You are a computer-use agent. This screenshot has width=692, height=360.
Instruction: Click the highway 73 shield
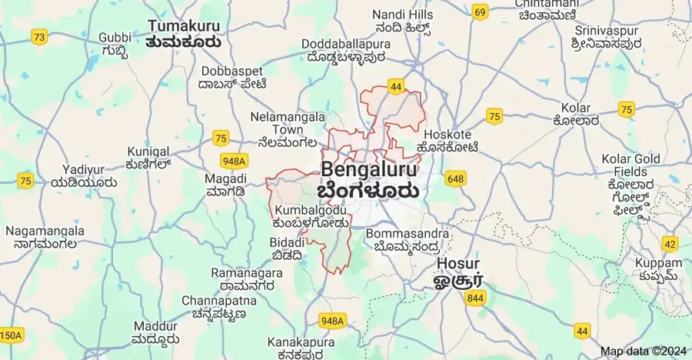click(x=39, y=36)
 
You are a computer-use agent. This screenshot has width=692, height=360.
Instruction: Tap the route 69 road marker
click(x=481, y=12)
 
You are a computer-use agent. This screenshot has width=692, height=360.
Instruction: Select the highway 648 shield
click(x=454, y=179)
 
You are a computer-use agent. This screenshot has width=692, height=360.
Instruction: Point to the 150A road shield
click(x=10, y=335)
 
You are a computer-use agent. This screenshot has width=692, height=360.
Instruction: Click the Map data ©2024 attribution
click(x=642, y=352)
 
